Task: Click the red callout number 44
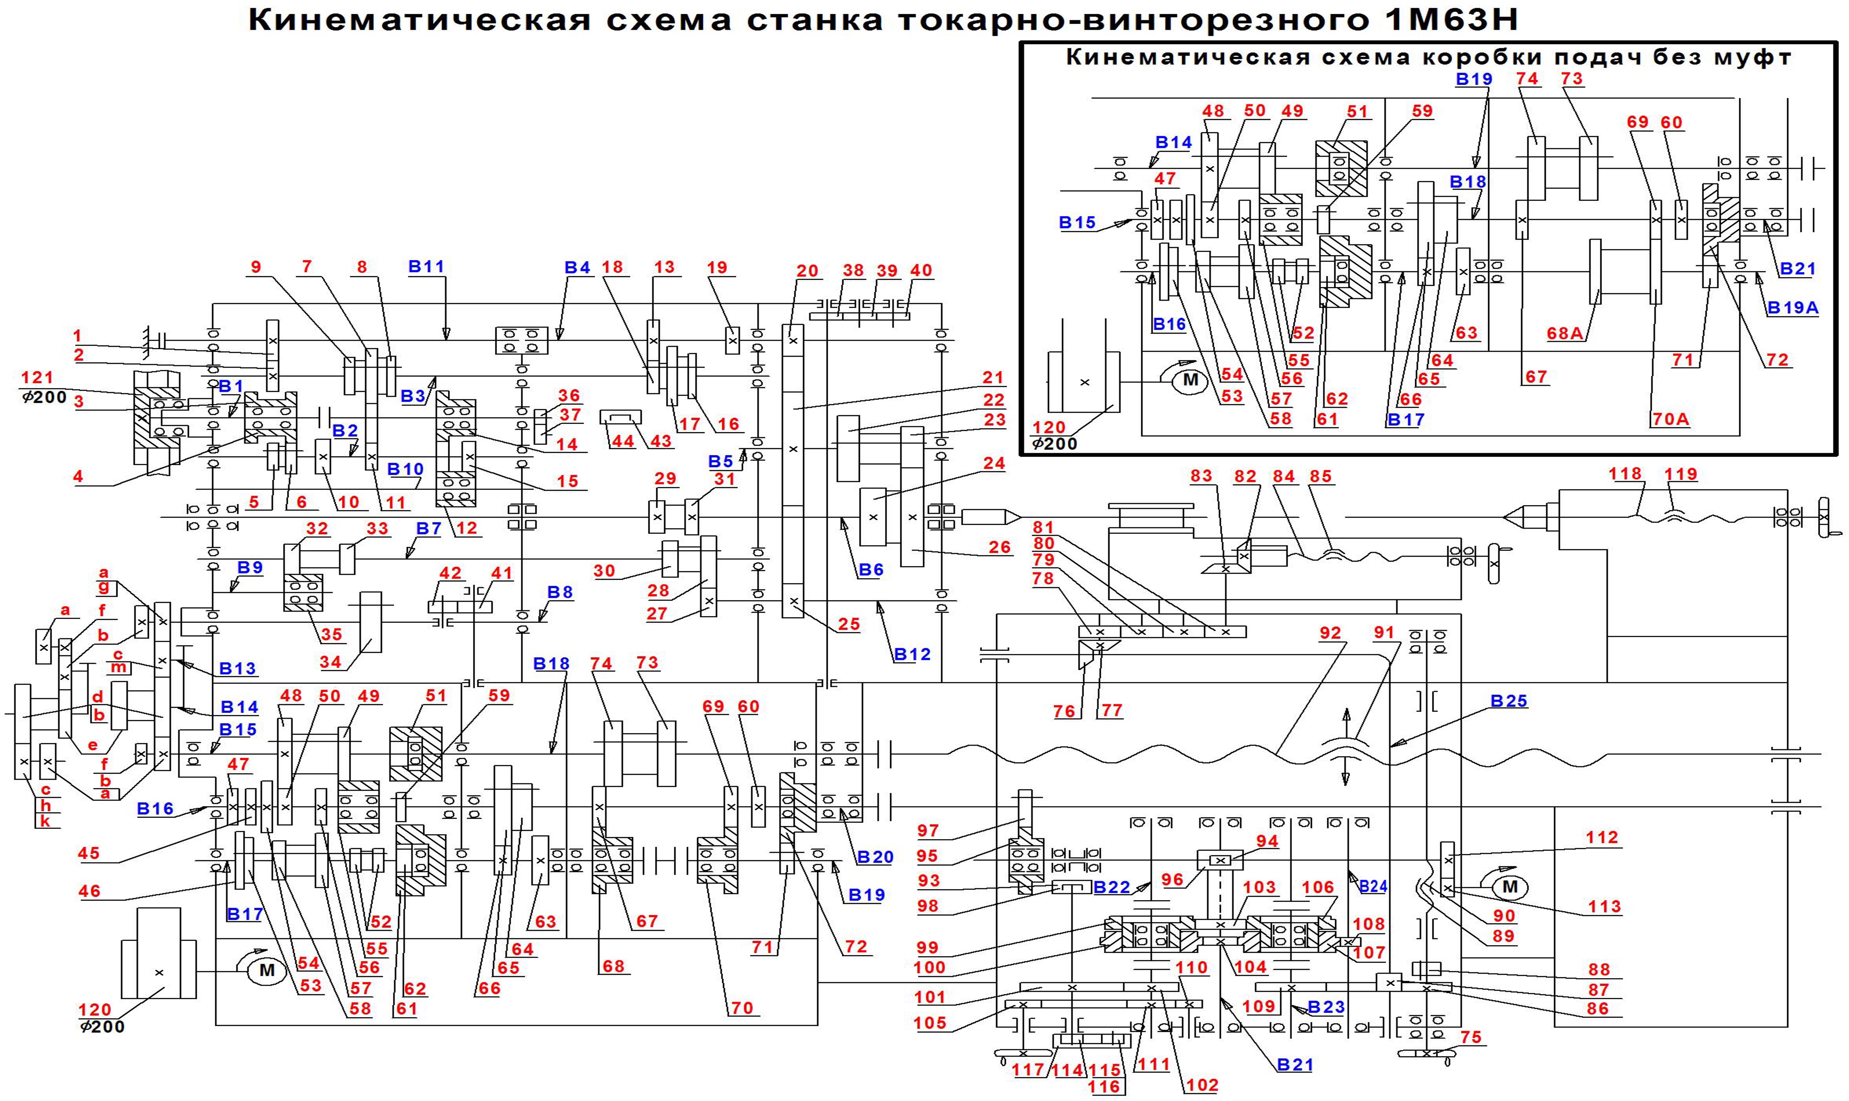click(x=622, y=442)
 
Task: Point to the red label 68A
click(x=1565, y=334)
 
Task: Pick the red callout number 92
click(x=1331, y=633)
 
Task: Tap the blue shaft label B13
click(x=238, y=668)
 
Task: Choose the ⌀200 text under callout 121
click(x=45, y=397)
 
